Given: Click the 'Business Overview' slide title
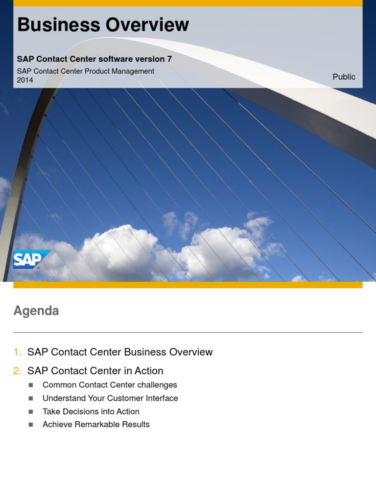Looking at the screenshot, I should pos(103,25).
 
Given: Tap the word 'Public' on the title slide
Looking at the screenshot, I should pos(344,77).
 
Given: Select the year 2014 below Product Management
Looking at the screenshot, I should pos(25,80).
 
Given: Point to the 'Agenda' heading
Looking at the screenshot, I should pos(36,311).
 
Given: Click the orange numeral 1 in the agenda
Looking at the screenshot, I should pos(18,352).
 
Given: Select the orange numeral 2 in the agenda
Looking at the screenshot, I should pos(18,371).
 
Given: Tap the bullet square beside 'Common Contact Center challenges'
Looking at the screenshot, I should pos(31,386).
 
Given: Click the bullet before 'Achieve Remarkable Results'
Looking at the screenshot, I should pos(31,425).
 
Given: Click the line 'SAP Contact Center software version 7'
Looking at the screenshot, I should pos(94,59).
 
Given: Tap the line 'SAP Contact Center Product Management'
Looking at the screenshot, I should pos(86,71).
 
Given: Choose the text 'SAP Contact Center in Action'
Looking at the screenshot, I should pos(95,371).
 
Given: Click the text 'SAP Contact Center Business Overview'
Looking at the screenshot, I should pos(120,352).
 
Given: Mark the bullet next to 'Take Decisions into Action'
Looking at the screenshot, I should pos(31,412).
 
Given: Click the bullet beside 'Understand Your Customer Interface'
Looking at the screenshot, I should pos(31,399).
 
